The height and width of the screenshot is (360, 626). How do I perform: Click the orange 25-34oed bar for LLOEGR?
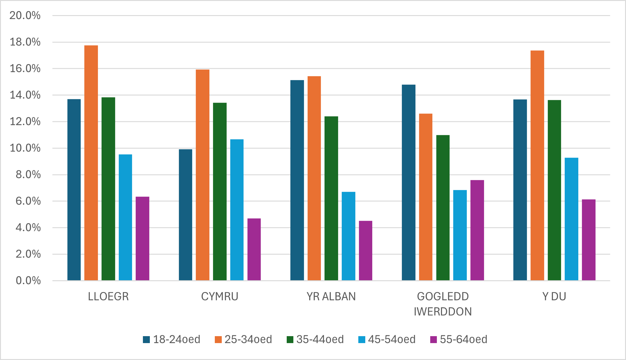pos(91,163)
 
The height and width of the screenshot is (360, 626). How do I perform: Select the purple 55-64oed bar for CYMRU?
pos(254,249)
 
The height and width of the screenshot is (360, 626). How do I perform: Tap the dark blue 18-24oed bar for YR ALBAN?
pos(297,180)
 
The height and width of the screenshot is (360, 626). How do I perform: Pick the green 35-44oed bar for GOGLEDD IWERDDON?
pos(443,208)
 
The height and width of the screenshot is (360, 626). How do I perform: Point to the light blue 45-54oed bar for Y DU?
pos(571,219)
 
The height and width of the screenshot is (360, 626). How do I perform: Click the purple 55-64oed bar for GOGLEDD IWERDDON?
pos(477,230)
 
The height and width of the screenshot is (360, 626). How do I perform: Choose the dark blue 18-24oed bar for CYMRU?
pos(185,215)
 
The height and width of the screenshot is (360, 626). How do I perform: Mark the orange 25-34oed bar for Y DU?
pos(537,166)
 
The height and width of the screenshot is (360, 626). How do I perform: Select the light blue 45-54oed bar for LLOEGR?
pos(125,217)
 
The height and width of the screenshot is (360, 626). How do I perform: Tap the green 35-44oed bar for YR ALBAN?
pos(331,198)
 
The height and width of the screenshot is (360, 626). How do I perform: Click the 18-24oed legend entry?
pos(172,339)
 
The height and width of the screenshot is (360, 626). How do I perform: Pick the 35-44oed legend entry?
pos(315,339)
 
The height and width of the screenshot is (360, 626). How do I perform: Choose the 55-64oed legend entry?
pos(459,339)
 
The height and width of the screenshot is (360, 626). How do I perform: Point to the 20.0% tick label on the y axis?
pos(25,15)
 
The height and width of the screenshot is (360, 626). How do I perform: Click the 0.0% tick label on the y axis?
pos(28,281)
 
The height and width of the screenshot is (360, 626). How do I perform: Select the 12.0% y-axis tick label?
pos(25,122)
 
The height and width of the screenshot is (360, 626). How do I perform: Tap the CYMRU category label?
pos(220,297)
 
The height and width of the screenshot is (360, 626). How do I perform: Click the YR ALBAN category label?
pos(331,297)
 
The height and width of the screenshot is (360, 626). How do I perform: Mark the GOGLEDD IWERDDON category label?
pos(443,304)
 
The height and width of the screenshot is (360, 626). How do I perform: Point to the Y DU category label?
pos(554,297)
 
